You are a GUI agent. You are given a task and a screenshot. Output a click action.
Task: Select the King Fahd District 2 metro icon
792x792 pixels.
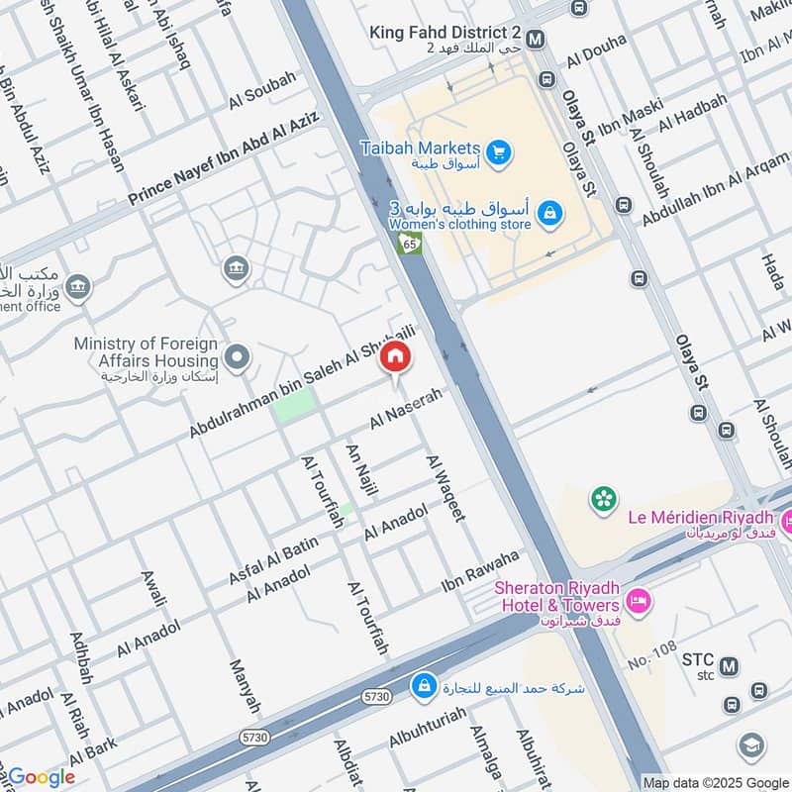[x=536, y=40]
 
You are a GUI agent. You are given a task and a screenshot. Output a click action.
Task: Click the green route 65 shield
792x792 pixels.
[x=410, y=244]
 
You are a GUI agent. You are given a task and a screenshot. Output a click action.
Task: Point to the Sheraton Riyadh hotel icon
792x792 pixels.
[x=639, y=600]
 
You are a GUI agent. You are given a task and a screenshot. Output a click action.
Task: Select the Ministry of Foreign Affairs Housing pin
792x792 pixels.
[x=236, y=354]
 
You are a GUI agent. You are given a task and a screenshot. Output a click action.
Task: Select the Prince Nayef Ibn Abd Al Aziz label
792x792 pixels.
[x=224, y=158]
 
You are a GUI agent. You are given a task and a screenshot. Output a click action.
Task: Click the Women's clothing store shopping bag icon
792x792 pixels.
[x=549, y=211]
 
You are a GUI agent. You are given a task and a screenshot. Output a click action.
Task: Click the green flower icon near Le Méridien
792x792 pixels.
[x=603, y=499]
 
